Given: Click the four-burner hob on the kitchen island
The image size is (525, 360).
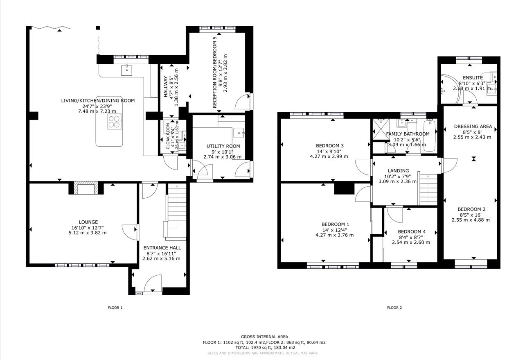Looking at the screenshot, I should (115, 122).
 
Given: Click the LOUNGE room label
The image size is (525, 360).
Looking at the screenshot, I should (88, 222).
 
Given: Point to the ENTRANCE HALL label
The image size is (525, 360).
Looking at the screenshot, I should (162, 248).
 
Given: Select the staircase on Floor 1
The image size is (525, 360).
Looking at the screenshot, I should (177, 211).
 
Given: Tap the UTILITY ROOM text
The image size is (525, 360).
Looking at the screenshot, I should (223, 146).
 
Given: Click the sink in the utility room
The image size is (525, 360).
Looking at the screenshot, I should (239, 133).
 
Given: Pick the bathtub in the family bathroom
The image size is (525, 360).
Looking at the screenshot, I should (430, 135).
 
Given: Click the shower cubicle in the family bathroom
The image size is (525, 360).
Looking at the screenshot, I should (379, 129).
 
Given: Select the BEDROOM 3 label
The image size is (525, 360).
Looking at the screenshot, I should (330, 146).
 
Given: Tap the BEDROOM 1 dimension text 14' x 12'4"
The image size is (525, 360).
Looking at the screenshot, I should (335, 230).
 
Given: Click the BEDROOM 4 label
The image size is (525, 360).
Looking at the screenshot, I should (411, 231).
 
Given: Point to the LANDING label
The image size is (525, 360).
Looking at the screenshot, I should (398, 171).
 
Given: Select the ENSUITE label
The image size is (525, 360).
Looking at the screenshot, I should (473, 78).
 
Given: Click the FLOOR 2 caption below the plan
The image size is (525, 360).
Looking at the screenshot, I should (394, 308).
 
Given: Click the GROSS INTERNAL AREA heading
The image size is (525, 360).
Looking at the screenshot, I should (264, 337).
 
